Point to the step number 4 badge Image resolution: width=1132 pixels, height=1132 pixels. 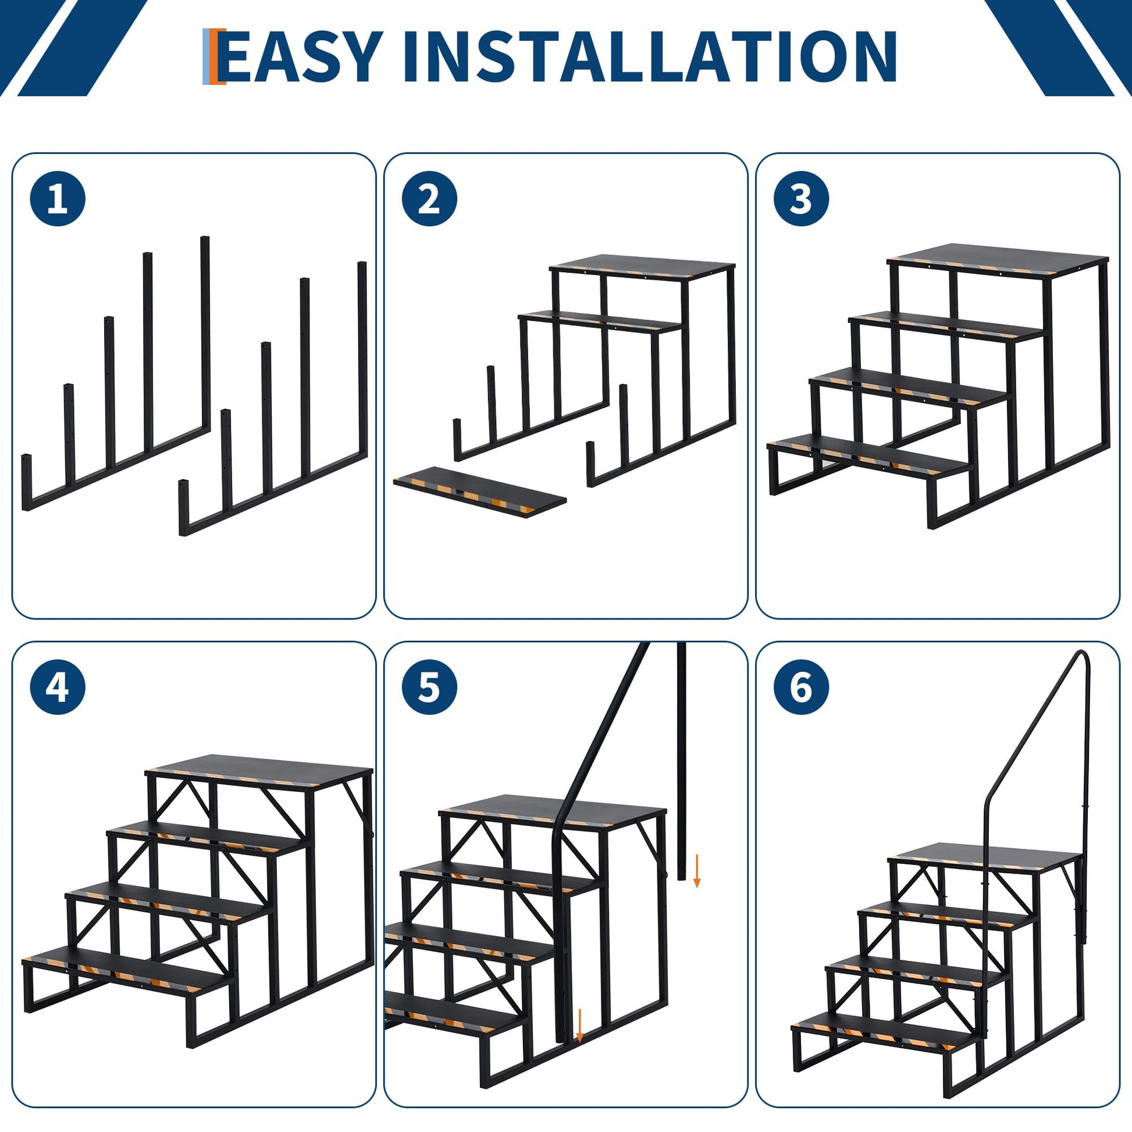[x=58, y=686]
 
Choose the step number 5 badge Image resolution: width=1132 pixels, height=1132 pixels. [x=429, y=686]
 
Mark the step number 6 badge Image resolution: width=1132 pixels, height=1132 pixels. [x=802, y=686]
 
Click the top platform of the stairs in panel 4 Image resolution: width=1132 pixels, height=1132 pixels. [x=259, y=772]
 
